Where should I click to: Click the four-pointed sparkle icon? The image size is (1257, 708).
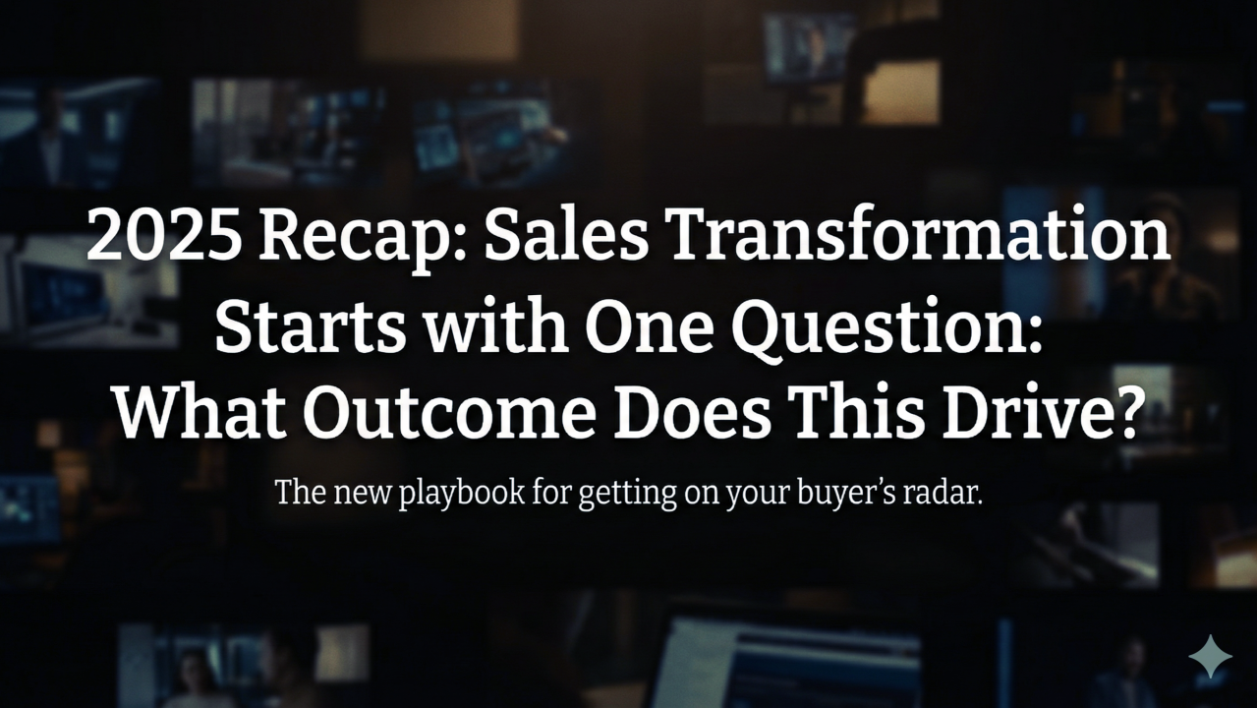(1209, 656)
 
